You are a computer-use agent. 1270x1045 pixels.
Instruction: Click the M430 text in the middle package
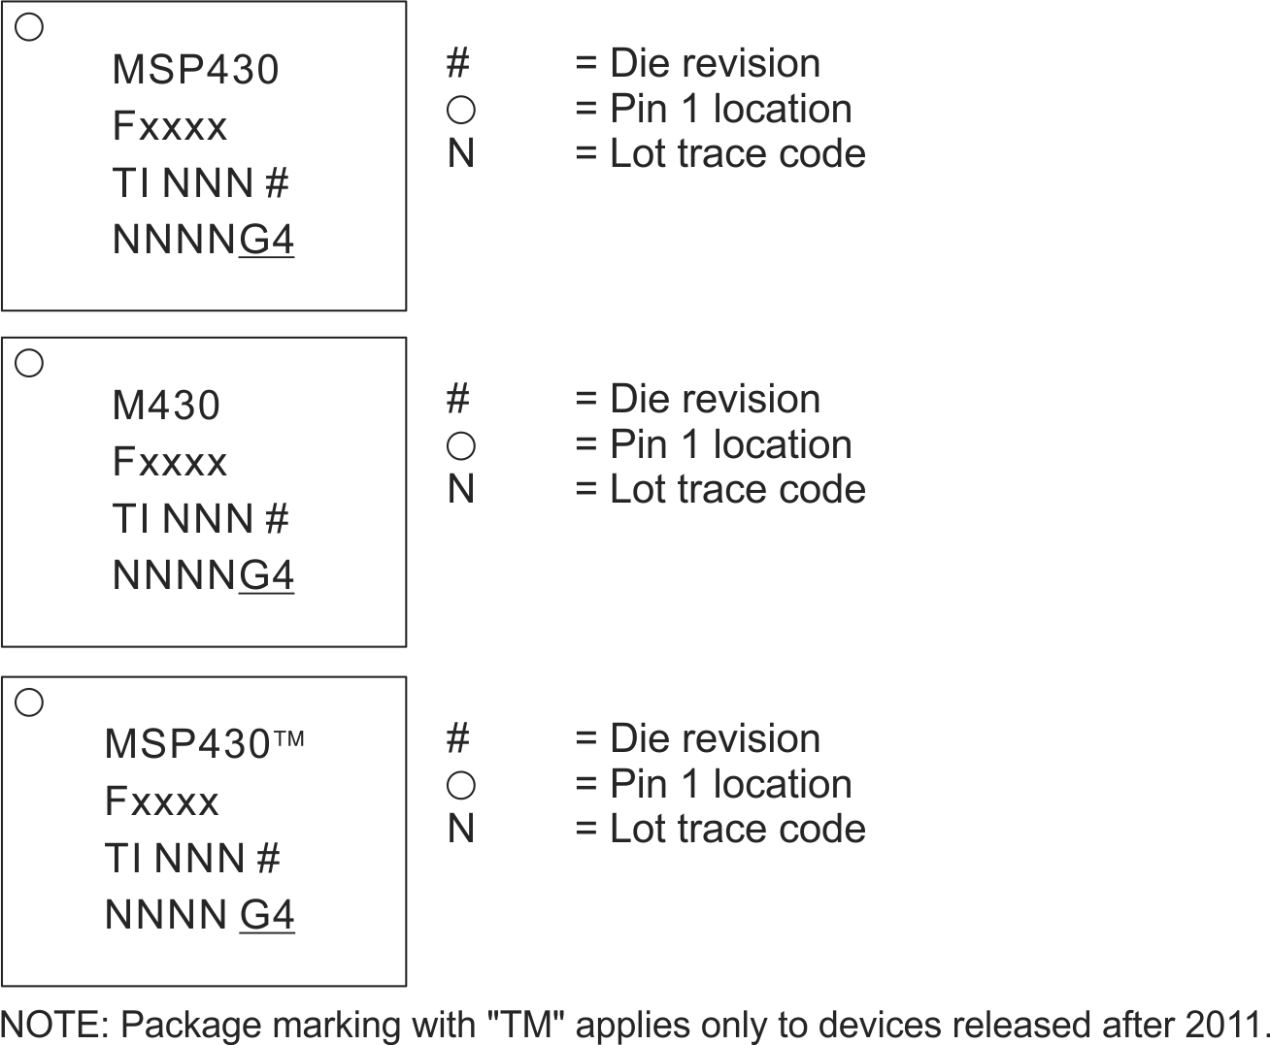click(x=166, y=406)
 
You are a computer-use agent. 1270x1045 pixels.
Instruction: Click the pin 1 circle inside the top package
click(x=30, y=27)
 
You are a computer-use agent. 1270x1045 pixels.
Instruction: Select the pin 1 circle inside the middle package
click(x=30, y=363)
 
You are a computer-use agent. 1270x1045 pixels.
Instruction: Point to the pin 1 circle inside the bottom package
click(x=30, y=702)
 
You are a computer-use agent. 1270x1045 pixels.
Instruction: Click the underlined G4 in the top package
click(x=267, y=240)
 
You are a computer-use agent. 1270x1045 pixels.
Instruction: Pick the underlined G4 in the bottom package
click(x=267, y=915)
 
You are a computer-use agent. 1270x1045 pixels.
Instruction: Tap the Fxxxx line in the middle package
click(x=170, y=462)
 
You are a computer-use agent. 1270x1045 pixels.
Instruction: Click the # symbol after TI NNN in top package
click(x=277, y=183)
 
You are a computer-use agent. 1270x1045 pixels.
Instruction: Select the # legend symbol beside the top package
click(x=458, y=64)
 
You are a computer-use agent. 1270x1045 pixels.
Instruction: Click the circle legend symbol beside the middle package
click(x=460, y=445)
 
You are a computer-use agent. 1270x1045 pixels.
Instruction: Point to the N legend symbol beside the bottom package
click(x=461, y=829)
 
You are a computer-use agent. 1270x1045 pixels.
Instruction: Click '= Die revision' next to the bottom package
click(x=697, y=738)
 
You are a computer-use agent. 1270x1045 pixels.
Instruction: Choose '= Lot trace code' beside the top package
click(x=719, y=153)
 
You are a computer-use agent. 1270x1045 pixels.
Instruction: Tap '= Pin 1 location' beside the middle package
click(x=713, y=444)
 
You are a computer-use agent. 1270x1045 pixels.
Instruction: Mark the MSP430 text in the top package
click(x=195, y=70)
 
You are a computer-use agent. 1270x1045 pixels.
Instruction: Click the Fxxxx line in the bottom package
click(x=162, y=801)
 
